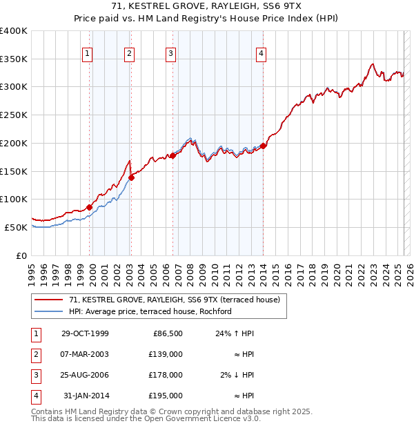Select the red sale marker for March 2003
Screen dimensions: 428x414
pyautogui.click(x=131, y=177)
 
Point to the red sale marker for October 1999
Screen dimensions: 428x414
pyautogui.click(x=90, y=206)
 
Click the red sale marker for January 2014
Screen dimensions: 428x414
pyautogui.click(x=264, y=146)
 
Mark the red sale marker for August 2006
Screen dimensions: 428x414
pyautogui.click(x=173, y=155)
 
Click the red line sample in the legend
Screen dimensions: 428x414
pyautogui.click(x=48, y=300)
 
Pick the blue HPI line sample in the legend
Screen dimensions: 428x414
pyautogui.click(x=48, y=311)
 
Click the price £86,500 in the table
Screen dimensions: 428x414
pyautogui.click(x=166, y=333)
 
